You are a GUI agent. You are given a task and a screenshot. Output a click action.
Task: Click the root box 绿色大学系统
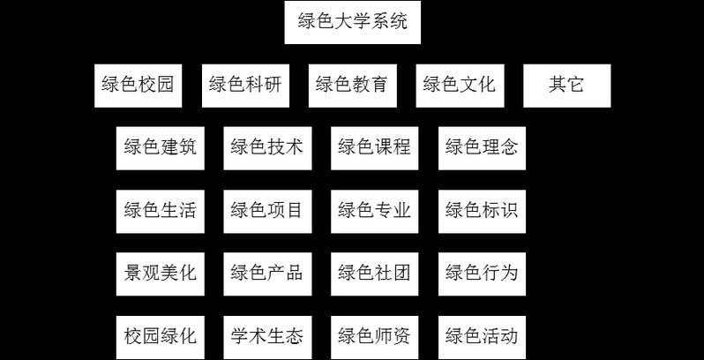[353, 23]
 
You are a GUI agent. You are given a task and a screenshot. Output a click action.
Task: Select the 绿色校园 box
[138, 86]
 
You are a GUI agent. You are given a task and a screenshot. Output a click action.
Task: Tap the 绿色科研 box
[244, 86]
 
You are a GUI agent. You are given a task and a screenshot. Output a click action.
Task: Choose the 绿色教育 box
[352, 86]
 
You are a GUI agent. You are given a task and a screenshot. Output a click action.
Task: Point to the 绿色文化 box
[459, 86]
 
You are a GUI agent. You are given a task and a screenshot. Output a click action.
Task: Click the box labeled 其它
[566, 86]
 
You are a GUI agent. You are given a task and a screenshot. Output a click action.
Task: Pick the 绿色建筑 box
[160, 148]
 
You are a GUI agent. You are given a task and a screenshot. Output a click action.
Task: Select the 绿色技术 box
[266, 148]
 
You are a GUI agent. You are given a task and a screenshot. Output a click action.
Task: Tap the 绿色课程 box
[374, 148]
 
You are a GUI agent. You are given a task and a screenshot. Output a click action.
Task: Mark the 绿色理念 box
[482, 148]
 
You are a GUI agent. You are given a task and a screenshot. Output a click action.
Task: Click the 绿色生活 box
[160, 211]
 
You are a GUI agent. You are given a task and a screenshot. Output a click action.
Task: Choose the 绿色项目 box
[266, 211]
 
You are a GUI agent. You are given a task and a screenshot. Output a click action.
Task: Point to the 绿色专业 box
[374, 211]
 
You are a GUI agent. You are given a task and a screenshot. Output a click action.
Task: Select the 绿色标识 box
[482, 211]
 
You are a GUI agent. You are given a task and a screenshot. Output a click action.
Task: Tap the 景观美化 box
[160, 274]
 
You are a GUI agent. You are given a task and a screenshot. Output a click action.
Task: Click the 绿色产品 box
[266, 274]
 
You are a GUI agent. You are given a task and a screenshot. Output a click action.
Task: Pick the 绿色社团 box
[374, 274]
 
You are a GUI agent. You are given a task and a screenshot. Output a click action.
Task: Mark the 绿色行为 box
[482, 274]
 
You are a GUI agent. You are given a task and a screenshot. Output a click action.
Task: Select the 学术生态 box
[266, 336]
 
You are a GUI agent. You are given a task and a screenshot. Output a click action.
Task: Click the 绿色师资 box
[374, 336]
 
